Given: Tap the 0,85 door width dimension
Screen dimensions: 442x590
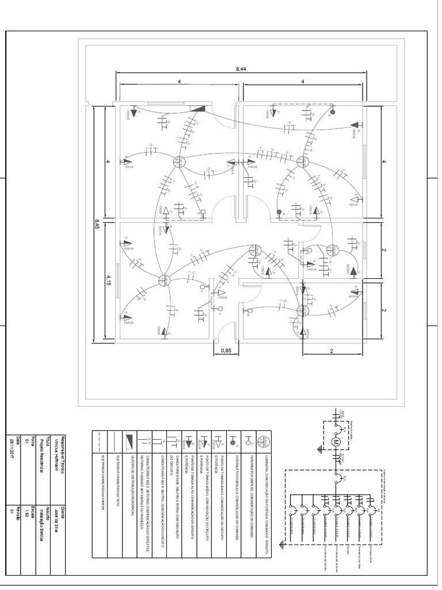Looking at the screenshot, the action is (x=226, y=349).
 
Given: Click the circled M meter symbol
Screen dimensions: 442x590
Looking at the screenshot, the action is (x=338, y=441).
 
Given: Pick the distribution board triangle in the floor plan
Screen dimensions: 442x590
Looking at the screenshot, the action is (x=199, y=108).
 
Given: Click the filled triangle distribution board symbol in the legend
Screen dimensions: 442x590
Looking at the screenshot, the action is (x=129, y=442).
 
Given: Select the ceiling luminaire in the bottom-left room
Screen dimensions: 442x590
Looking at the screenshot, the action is (x=165, y=281).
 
